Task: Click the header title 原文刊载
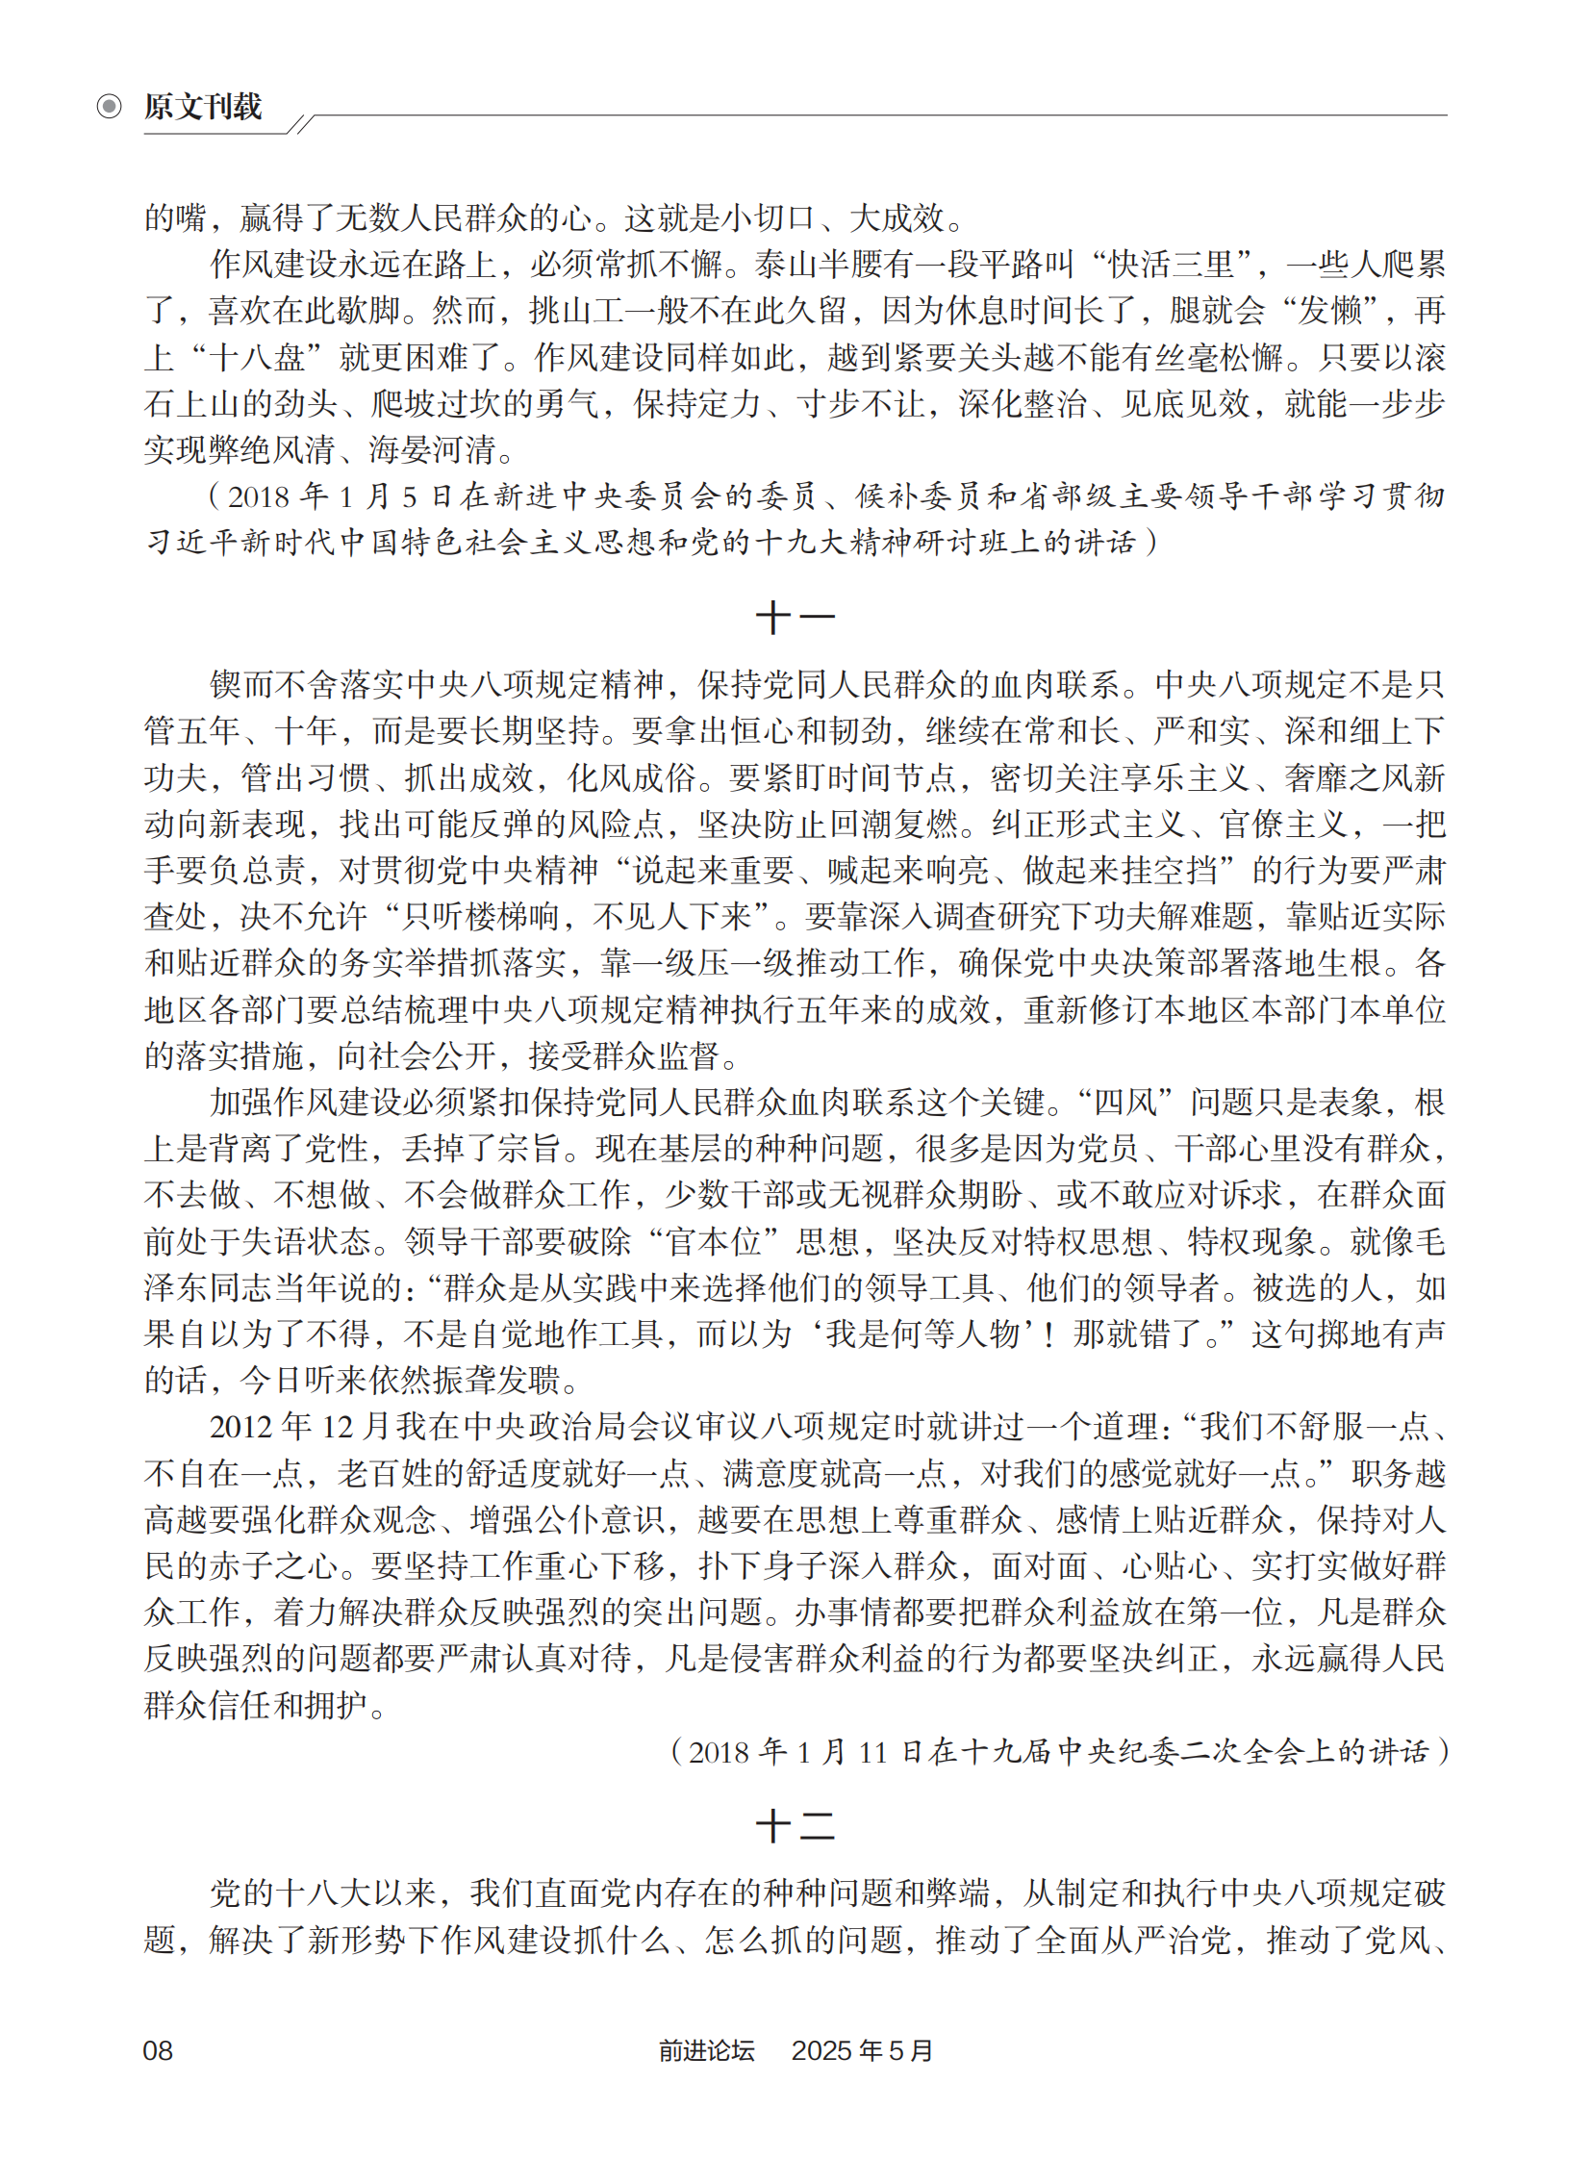tap(203, 106)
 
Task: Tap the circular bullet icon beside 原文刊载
tap(110, 106)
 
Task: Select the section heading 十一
tap(795, 618)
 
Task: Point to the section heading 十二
tap(795, 1825)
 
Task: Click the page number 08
tap(158, 2050)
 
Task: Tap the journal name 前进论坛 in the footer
tap(706, 2050)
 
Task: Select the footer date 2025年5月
tap(862, 2050)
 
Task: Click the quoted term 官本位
tap(714, 1241)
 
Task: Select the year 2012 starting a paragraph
tap(240, 1427)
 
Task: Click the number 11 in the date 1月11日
tap(871, 1751)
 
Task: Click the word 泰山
tap(786, 264)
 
